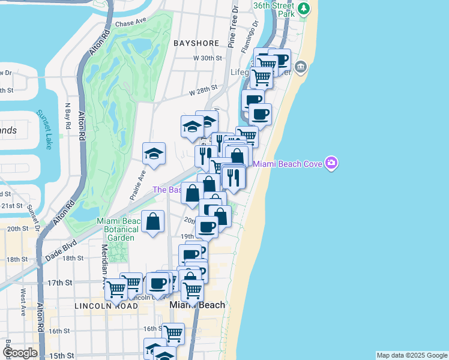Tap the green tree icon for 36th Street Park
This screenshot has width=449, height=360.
(305, 8)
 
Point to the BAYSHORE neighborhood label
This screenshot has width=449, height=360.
(196, 44)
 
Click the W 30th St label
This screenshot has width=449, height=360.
(208, 58)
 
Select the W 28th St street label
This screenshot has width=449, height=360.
(202, 90)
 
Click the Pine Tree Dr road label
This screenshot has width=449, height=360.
(232, 30)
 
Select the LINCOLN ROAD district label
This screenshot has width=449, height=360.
(106, 306)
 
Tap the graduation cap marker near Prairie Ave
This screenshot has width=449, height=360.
(154, 154)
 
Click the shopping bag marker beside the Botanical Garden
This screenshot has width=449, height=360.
(153, 221)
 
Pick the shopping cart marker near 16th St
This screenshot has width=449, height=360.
(173, 332)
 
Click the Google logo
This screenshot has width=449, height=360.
(19, 353)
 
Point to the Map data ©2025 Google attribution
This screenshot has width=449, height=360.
(412, 355)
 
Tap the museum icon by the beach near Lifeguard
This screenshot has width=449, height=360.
(301, 65)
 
